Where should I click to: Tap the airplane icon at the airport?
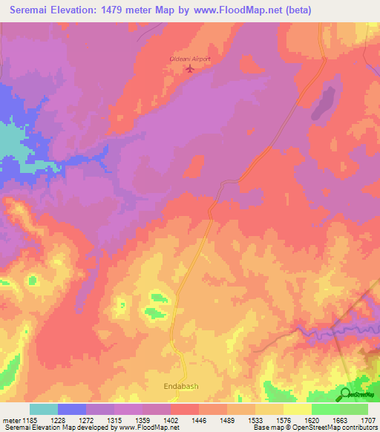coord(190,70)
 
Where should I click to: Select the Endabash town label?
coord(181,387)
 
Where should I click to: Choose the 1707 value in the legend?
coord(367,419)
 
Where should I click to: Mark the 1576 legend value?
coord(284,419)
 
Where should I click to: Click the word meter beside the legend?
coord(12,419)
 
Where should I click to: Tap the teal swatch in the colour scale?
coord(44,409)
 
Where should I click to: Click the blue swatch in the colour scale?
coord(72,409)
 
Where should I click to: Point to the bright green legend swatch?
coord(326,409)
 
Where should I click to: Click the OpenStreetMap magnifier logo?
coord(347,393)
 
